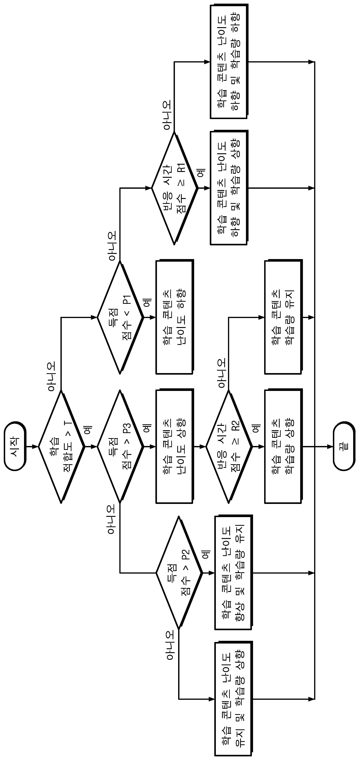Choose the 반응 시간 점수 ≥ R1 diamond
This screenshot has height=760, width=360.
pyautogui.click(x=175, y=188)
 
